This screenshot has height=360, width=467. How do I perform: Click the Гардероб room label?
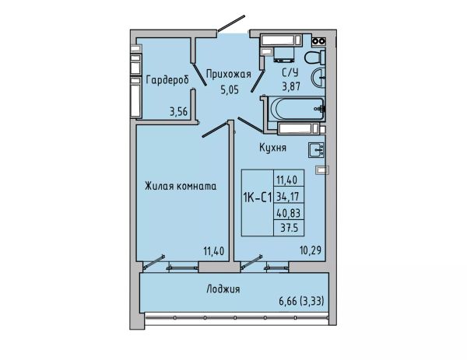point(167,80)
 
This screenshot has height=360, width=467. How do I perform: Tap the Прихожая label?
point(228,75)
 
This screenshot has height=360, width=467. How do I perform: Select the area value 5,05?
point(230,89)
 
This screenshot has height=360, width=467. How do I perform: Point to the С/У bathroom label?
point(290,72)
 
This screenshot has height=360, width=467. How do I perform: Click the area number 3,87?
point(291,86)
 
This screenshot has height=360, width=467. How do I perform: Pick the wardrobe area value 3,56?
point(178,111)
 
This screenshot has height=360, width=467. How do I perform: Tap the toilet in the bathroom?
point(314,58)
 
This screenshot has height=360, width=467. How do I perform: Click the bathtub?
point(297,109)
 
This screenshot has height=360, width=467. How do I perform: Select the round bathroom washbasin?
point(318,78)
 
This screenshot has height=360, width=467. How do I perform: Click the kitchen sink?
point(316,150)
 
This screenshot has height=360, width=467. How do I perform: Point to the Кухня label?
point(272,148)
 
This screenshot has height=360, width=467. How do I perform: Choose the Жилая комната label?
point(181,187)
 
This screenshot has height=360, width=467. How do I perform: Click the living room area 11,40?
point(213,251)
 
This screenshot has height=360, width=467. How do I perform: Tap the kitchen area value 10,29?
point(311,250)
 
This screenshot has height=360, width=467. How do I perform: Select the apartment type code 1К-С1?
point(258,197)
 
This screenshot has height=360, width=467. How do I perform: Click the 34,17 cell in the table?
point(288,197)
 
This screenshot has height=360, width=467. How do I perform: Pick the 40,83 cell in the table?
point(288,213)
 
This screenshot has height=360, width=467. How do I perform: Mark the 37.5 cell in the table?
point(289,228)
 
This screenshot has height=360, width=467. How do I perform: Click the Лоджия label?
point(223,289)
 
